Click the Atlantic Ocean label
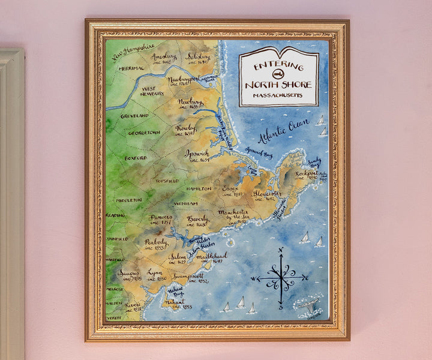tap(283, 130)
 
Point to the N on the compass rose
tap(280, 250)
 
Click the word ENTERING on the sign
tap(278, 65)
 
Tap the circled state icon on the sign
tap(278, 74)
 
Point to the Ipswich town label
tap(197, 153)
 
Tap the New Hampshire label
tap(133, 52)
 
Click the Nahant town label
tap(175, 302)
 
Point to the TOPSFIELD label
tap(167, 180)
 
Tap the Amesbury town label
tap(163, 57)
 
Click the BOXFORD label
tap(136, 158)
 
